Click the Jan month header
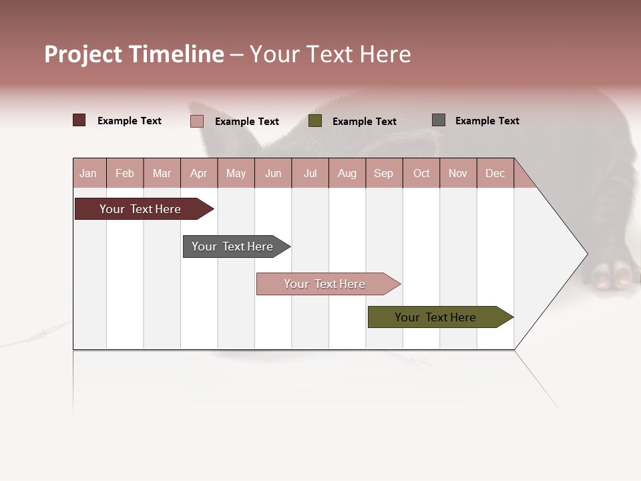click(88, 173)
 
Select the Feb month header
click(125, 173)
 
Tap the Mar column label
click(162, 173)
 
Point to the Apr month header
click(199, 173)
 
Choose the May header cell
click(236, 173)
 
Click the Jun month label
click(273, 173)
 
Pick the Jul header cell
click(310, 173)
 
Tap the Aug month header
click(347, 173)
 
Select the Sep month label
click(384, 173)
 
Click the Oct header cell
click(421, 173)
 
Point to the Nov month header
click(458, 173)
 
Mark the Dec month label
click(495, 173)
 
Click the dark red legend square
click(79, 120)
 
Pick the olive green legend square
click(315, 121)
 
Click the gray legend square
click(439, 120)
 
